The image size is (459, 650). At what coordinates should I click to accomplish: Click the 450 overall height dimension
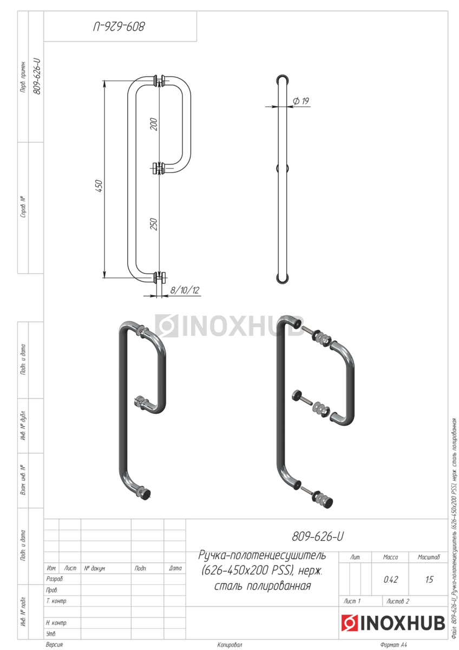coord(99,186)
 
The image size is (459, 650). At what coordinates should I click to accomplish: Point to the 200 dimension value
coord(153,124)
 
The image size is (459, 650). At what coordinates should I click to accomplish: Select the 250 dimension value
coord(153,224)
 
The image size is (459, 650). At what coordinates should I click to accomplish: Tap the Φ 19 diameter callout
coord(301,101)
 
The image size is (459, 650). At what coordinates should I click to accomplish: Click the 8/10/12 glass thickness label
coord(185,290)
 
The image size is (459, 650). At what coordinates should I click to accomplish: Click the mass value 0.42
coord(391,580)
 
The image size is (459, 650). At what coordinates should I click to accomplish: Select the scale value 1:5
coord(429,580)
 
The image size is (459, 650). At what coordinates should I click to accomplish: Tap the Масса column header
coord(390,557)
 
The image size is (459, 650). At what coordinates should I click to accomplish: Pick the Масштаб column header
coord(429,557)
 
